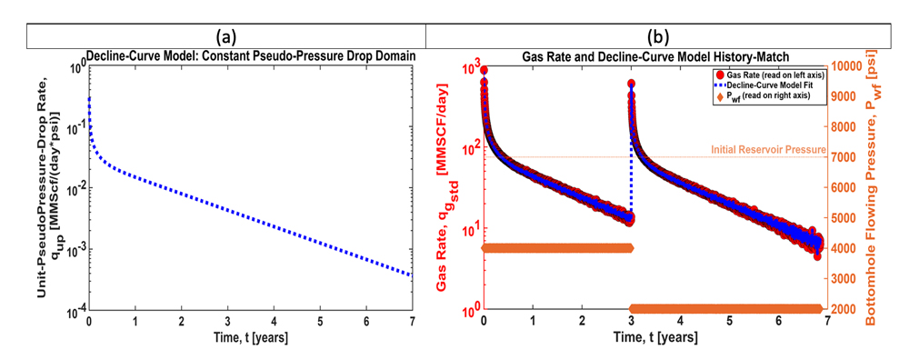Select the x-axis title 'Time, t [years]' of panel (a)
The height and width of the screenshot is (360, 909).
pos(252,340)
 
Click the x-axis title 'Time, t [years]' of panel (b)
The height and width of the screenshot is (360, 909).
pos(653,339)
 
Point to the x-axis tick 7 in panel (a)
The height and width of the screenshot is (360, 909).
pos(413,323)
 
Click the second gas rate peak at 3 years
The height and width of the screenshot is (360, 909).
pos(632,84)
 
